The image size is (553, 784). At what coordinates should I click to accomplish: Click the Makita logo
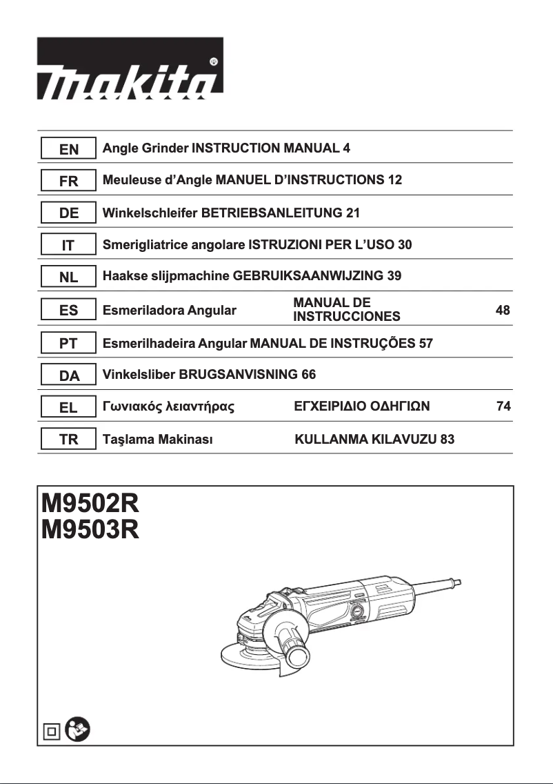tap(130, 68)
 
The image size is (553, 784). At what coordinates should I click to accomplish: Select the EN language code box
tap(68, 148)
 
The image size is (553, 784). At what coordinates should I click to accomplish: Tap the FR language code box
tap(68, 181)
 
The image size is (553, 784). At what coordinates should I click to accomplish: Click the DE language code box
tap(68, 213)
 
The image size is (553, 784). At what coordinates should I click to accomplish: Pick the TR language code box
tap(68, 440)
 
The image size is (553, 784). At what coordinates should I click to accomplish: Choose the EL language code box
tap(68, 407)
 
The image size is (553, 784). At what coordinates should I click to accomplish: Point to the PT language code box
tap(68, 343)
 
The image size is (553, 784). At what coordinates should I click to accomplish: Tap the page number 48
tap(503, 311)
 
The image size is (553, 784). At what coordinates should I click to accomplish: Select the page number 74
tap(503, 407)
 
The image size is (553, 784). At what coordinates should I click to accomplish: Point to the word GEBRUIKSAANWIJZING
tap(308, 276)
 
